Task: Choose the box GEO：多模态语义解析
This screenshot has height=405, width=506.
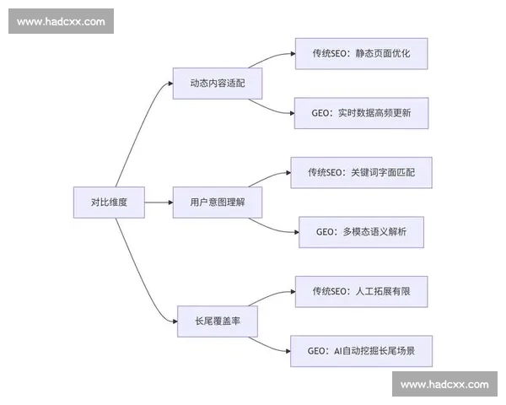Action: pos(361,231)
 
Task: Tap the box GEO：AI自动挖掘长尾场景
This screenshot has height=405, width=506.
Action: pos(362,350)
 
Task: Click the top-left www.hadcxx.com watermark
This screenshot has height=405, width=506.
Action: pos(61,21)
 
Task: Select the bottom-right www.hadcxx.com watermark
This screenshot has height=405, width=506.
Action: pos(444,384)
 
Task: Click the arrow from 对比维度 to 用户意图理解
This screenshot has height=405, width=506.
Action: pos(159,202)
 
